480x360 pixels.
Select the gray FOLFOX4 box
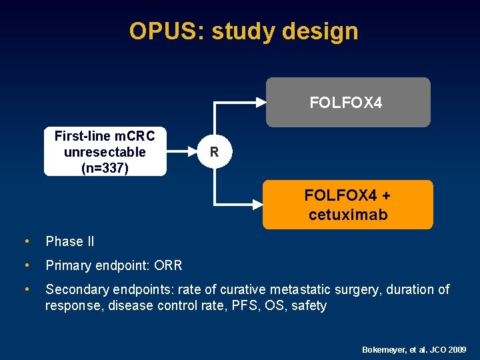[x=348, y=102]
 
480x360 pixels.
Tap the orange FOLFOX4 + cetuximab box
[x=347, y=205]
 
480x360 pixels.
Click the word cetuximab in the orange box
[x=347, y=215]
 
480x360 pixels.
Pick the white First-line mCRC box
[x=105, y=152]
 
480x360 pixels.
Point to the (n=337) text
[x=105, y=168]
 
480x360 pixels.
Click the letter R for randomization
[x=214, y=152]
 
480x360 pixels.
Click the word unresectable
[x=105, y=152]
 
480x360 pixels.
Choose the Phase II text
[x=69, y=241]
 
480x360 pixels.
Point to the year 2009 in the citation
[x=458, y=349]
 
